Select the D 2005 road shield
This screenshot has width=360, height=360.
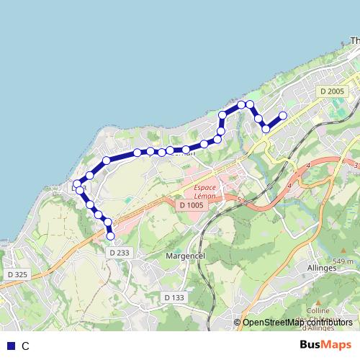point(333,91)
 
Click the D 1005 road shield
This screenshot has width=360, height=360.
point(192,206)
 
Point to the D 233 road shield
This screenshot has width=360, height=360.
point(120,253)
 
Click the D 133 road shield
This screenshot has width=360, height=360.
point(174,297)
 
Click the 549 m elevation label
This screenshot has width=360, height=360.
point(344,261)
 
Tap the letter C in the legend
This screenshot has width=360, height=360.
point(25,346)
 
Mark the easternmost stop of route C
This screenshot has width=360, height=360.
point(283,115)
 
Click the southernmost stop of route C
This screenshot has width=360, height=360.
point(110,235)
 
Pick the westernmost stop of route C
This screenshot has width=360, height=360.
point(77,184)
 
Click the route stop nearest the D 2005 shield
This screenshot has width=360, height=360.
point(283,115)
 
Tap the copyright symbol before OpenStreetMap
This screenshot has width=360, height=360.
point(238,322)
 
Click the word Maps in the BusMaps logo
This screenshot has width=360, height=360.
point(335,345)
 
